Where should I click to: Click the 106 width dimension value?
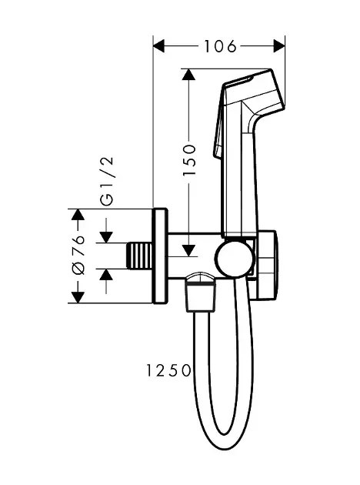220,46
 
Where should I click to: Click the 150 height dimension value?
189,160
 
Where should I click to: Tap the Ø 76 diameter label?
78,255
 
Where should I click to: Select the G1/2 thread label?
107,181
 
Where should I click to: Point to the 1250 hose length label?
168,370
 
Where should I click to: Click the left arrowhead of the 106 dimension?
159,46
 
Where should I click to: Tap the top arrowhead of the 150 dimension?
188,75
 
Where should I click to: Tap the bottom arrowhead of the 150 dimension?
188,250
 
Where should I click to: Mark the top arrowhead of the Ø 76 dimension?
78,215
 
